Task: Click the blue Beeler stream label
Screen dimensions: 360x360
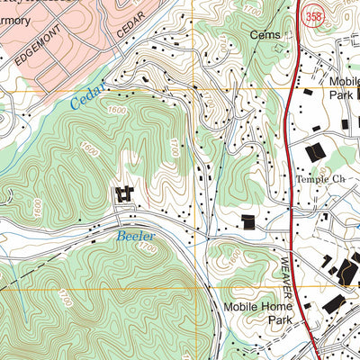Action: pyautogui.click(x=135, y=237)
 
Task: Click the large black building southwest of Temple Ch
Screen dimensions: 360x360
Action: pyautogui.click(x=247, y=222)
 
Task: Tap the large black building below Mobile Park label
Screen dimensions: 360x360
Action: pyautogui.click(x=316, y=153)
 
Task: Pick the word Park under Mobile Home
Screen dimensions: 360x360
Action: pyautogui.click(x=253, y=319)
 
